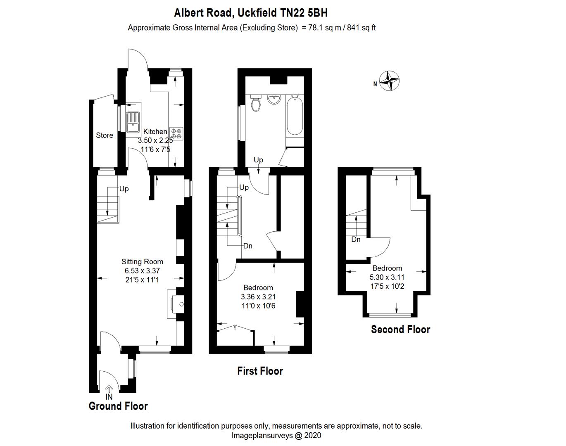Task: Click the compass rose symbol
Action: click(389, 81)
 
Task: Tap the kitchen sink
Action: click(133, 122)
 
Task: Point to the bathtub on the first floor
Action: click(294, 116)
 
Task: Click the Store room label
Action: click(105, 135)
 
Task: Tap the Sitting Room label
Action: click(142, 261)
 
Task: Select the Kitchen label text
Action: click(155, 132)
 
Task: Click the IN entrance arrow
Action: click(109, 389)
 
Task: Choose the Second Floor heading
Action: click(400, 330)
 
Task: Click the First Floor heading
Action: click(260, 371)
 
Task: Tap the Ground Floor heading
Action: click(118, 406)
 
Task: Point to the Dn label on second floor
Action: click(356, 240)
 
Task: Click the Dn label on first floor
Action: click(247, 246)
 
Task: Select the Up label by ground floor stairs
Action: click(124, 189)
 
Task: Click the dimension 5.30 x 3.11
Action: click(387, 277)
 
